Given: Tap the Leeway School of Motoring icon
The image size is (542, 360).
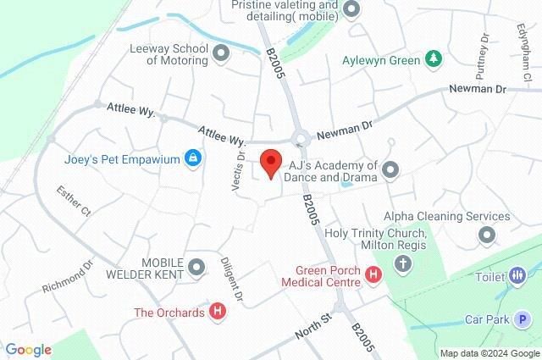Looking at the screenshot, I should coord(222,54).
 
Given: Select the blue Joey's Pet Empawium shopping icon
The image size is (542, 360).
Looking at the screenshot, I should coord(193,158).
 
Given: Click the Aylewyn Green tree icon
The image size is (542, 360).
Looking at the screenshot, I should coord(433,59).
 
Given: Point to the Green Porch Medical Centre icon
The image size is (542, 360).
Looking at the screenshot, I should coord(374,273).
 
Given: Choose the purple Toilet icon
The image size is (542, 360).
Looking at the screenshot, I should coord(517,275).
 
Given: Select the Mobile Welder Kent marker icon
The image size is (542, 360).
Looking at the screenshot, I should coord(196,269).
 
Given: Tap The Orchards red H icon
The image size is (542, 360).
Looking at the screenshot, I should coord(218,312).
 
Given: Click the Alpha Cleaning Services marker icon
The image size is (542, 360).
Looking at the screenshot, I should coord(486,234).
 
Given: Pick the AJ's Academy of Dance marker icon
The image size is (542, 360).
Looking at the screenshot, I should coord(390,171).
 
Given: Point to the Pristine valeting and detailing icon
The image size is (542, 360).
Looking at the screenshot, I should coord(351,10).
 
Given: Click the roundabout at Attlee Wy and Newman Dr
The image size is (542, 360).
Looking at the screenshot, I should coord(299,139).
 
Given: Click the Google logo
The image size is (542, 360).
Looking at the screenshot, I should coord(28,350).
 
